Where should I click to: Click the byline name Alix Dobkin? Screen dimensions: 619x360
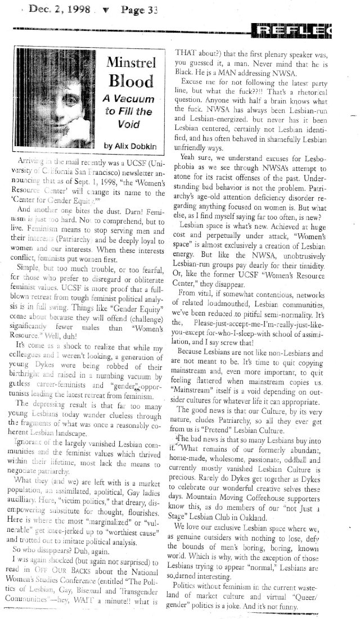click(136, 146)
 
